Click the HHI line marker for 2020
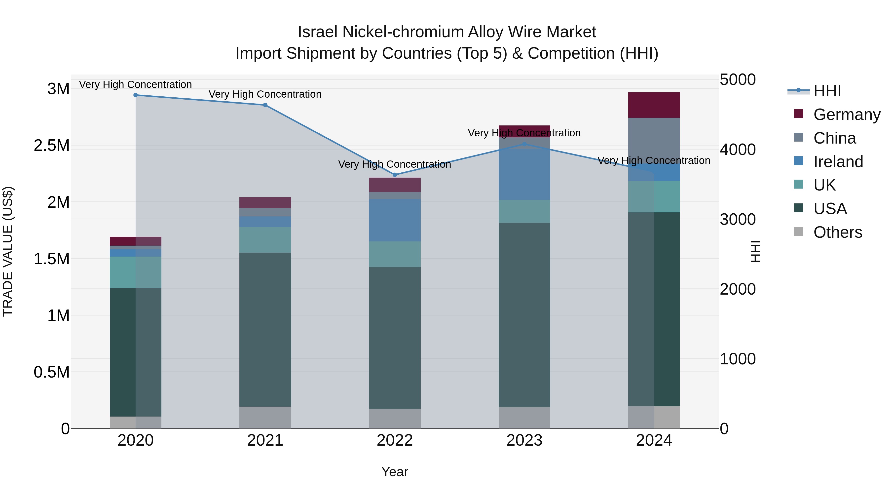136,95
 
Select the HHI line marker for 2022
395,175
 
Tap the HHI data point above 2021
265,105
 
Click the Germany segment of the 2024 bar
654,105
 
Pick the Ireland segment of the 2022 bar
395,220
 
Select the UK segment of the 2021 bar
265,240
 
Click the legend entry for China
834,138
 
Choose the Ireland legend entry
838,162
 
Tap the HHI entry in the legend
827,91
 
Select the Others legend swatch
799,232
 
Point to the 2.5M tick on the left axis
52,146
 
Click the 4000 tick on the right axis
738,150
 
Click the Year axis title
395,472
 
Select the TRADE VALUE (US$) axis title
8,251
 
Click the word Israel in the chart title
317,32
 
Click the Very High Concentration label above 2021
265,94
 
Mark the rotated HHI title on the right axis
755,251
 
